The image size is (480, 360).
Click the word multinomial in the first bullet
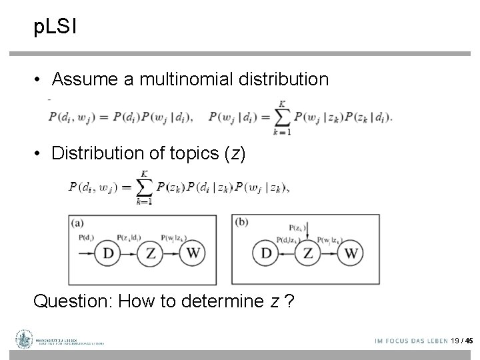point(188,80)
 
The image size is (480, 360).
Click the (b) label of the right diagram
point(241,221)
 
